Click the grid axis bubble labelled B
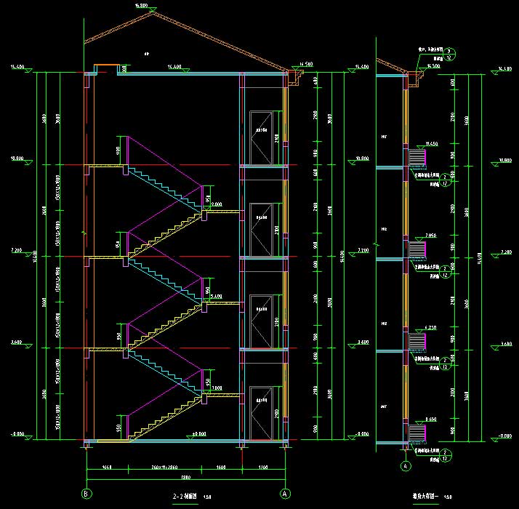pos(86,494)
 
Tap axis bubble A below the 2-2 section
pos(285,494)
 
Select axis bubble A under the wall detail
pos(405,464)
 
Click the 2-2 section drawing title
pos(182,497)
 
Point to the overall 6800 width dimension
pos(185,477)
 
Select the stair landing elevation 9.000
pos(217,205)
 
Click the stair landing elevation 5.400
pos(215,297)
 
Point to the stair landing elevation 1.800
pos(215,388)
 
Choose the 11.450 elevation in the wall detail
pos(411,143)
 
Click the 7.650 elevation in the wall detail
pos(411,236)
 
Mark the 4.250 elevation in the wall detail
pos(411,328)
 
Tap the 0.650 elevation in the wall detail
pos(411,420)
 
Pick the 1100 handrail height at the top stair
pos(119,151)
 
